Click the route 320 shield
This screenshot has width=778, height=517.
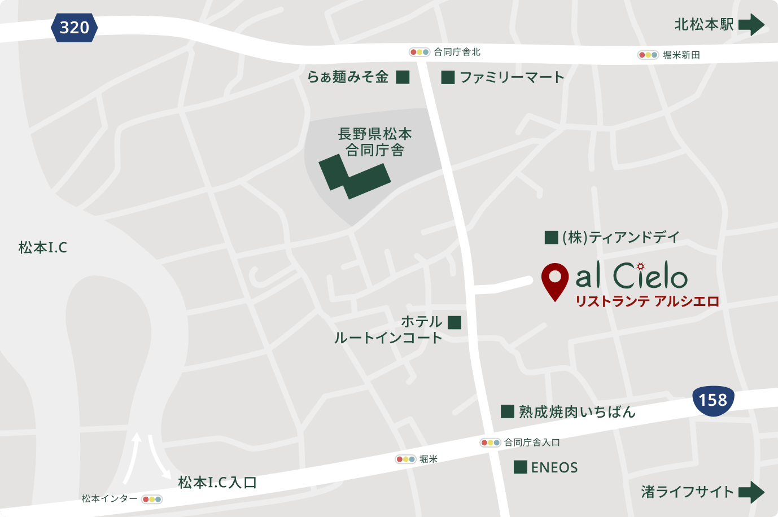coord(74,28)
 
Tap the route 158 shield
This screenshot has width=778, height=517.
coord(713,400)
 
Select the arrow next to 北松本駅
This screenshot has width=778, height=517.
coord(751,25)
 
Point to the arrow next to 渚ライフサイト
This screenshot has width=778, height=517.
coord(751,492)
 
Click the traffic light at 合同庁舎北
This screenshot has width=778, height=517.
coord(419,52)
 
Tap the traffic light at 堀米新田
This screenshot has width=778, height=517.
coord(648,55)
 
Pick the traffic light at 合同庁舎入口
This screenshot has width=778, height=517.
coord(490,442)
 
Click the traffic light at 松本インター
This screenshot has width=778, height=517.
coord(152,499)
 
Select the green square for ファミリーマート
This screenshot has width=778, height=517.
coord(448,77)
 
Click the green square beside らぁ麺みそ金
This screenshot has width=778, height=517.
coord(403,77)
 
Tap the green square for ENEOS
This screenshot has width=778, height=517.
coord(521,467)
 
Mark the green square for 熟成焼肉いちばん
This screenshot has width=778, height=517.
coord(507,411)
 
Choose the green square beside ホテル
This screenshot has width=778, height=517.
coord(454,322)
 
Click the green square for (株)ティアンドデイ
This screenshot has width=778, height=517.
coord(551,238)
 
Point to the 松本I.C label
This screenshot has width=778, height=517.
coord(43,247)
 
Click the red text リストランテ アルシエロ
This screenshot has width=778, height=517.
coord(647,301)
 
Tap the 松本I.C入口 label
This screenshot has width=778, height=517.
coord(217,483)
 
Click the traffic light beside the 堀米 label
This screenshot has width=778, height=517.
coord(405,459)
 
